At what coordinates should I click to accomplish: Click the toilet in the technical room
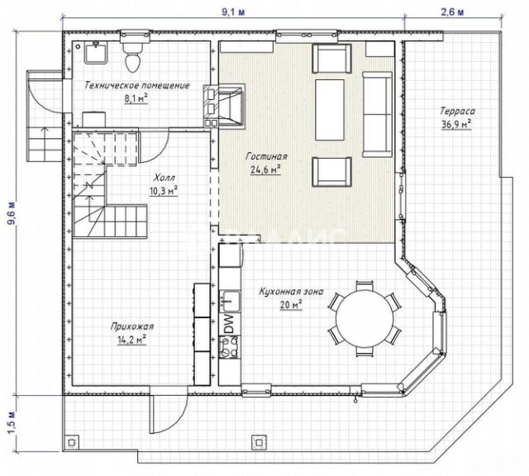pos(132,57)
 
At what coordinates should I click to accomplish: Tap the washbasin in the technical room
pos(96,53)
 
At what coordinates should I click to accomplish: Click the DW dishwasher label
pos(229,323)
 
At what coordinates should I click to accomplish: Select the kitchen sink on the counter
pos(230,301)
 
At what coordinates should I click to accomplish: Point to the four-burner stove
pos(230,347)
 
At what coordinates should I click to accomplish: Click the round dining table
pos(365,319)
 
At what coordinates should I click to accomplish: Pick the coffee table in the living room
pos(330,110)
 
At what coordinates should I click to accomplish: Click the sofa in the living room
pos(378,114)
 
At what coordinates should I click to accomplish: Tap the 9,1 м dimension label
pos(233,12)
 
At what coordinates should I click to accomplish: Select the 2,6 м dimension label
pos(452,12)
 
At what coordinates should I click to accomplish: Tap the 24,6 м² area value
pos(266,169)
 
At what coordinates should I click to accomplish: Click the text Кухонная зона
pos(291,291)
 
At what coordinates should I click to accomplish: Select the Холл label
pos(164,178)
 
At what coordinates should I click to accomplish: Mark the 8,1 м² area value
pos(136,99)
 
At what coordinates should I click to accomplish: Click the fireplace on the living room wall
pos(224,106)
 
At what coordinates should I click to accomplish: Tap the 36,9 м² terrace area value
pos(456,125)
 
